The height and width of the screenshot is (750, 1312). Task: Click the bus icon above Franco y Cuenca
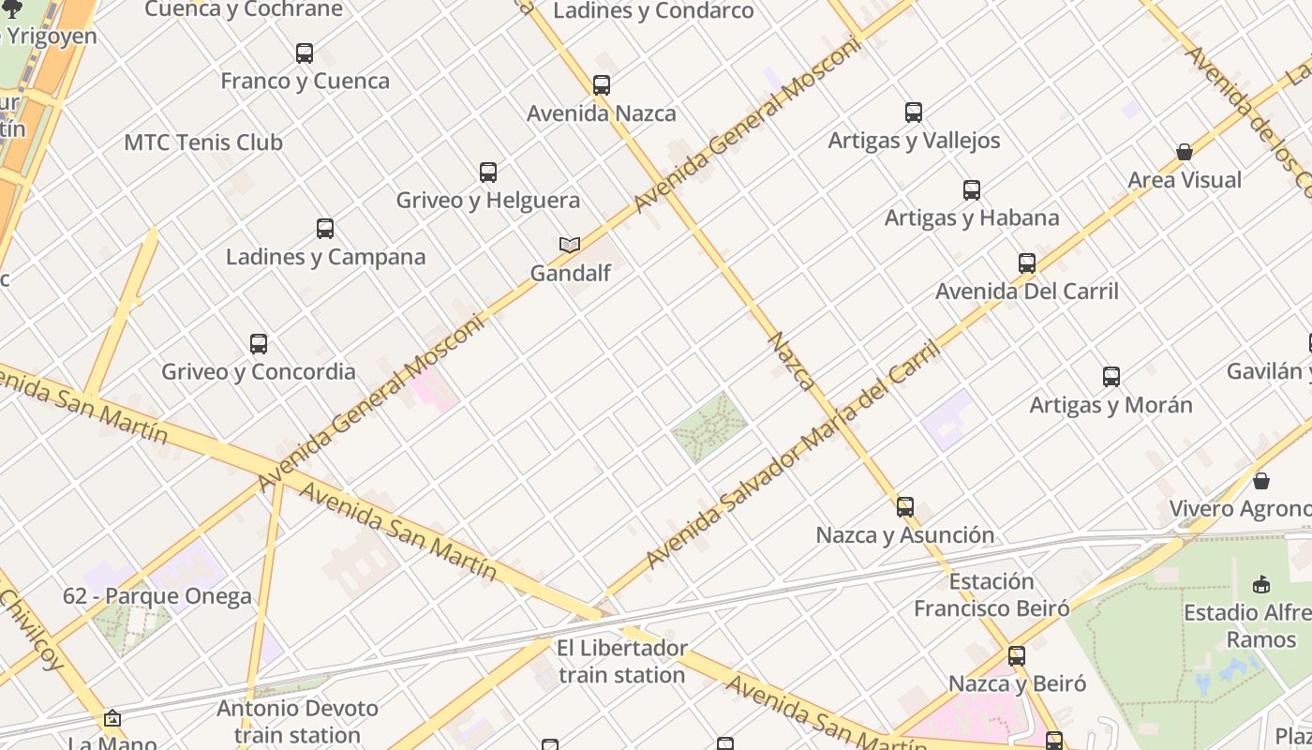[x=305, y=53]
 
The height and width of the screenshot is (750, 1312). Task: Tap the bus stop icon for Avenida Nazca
[x=602, y=85]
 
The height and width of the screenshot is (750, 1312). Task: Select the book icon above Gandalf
[x=570, y=245]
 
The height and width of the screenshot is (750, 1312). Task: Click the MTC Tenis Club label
[x=203, y=142]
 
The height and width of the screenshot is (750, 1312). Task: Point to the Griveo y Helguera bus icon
[x=488, y=172]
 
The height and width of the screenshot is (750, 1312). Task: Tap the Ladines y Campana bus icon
[x=325, y=229]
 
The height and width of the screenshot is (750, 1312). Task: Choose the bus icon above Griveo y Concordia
[x=259, y=344]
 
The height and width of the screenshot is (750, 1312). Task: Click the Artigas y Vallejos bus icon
[x=914, y=112]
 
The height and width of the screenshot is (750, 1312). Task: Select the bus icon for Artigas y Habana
[x=972, y=190]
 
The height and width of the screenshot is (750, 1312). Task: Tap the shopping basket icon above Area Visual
[x=1185, y=152]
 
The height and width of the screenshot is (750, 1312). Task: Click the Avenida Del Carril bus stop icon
[x=1027, y=263]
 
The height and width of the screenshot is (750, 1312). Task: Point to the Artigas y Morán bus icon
[x=1111, y=377]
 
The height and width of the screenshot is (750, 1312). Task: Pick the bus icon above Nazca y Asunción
[x=905, y=507]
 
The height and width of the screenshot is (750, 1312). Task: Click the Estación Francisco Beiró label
[x=991, y=595]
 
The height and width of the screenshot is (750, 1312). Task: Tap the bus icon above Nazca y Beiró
[x=1017, y=656]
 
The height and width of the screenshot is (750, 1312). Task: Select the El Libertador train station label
[x=622, y=661]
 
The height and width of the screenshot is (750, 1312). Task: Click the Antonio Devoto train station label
[x=297, y=721]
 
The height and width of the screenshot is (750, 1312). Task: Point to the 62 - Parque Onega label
[x=157, y=596]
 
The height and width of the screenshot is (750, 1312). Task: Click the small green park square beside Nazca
[x=709, y=427]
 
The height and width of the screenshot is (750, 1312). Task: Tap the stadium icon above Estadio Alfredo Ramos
[x=1261, y=585]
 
